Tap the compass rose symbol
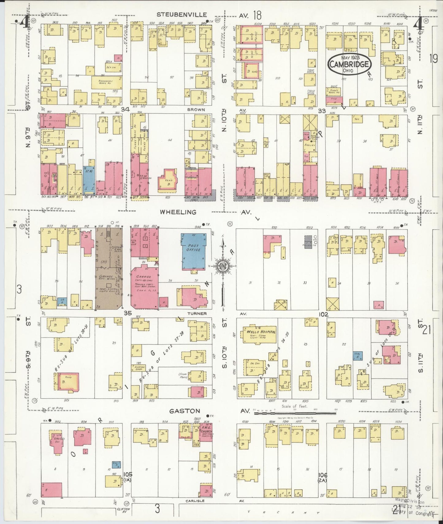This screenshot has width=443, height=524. coord(223,266)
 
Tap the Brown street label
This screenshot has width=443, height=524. coord(197,109)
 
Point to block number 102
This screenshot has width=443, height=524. coord(323,314)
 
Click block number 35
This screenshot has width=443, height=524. coord(128,313)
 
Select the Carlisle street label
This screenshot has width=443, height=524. coord(194,501)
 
